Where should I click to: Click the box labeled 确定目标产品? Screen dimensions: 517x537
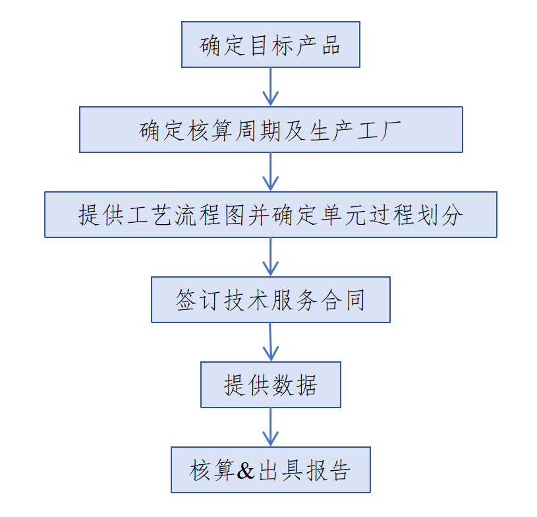tap(270, 45)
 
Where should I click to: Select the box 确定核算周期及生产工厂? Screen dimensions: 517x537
tap(270, 130)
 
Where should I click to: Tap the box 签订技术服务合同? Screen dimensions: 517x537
tap(270, 300)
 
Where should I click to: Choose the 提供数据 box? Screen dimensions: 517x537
tap(270, 384)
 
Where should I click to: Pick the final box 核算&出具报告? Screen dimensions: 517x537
tap(270, 470)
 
